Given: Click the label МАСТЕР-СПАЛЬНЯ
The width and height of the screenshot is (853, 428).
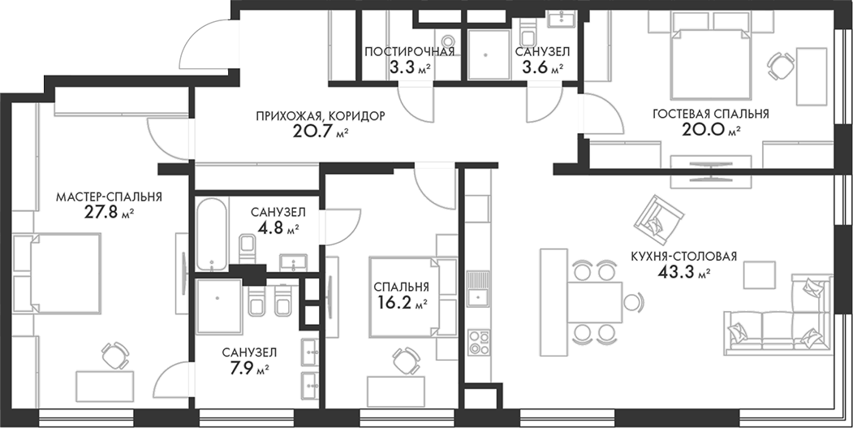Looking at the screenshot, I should coord(108,197).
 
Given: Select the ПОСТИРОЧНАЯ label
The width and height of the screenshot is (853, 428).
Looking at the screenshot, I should coord(409,51).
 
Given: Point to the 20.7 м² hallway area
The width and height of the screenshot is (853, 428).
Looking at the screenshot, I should coord(320,132).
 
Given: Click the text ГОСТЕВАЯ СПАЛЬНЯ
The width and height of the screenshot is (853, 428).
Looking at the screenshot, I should coord(710,114).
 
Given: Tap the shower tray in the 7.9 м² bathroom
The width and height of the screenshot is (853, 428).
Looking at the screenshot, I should coord(218,298).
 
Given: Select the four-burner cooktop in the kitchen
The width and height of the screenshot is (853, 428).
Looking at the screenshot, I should coord(474,339).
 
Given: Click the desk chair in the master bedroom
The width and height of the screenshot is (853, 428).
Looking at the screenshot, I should coord(113,355).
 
